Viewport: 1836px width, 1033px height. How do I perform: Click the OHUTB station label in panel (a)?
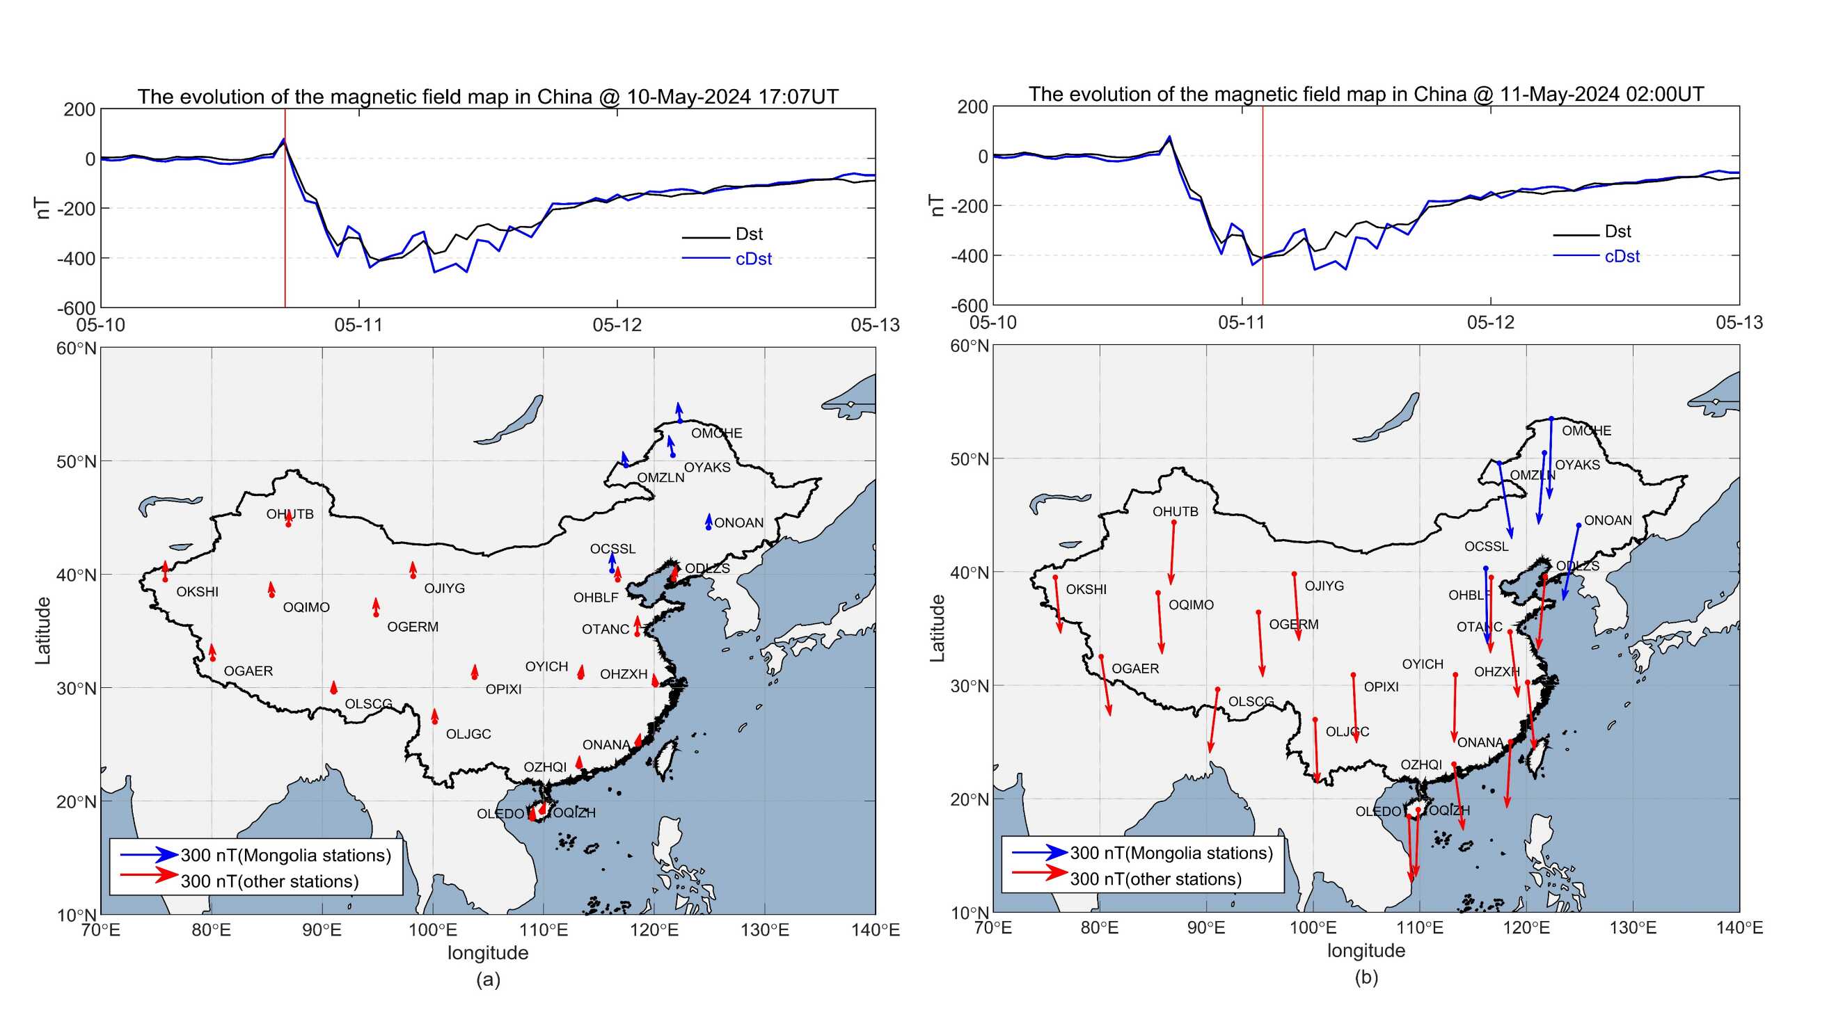[290, 514]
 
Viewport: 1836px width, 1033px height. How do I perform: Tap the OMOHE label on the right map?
[1586, 431]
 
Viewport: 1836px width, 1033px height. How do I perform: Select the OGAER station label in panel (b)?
[1134, 669]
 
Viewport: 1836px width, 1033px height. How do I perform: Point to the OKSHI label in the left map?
[198, 592]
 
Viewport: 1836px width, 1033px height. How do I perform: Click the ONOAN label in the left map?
[738, 523]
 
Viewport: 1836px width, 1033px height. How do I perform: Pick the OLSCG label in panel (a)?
[367, 704]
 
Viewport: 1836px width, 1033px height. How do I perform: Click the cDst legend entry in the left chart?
[752, 259]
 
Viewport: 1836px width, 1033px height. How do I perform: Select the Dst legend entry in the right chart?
[1617, 232]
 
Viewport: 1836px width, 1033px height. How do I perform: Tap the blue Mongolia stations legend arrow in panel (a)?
[149, 855]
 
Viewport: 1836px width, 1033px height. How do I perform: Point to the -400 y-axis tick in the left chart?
[76, 259]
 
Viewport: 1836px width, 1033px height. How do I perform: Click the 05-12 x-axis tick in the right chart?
[1490, 323]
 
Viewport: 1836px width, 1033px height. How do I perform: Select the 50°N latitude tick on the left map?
[77, 462]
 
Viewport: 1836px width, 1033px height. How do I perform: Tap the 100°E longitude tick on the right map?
[1313, 928]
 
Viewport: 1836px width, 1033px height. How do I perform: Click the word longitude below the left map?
[487, 953]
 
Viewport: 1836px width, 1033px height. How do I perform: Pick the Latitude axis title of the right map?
[937, 628]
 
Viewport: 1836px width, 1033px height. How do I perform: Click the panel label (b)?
[1366, 977]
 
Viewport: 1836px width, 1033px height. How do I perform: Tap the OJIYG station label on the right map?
[1324, 586]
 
